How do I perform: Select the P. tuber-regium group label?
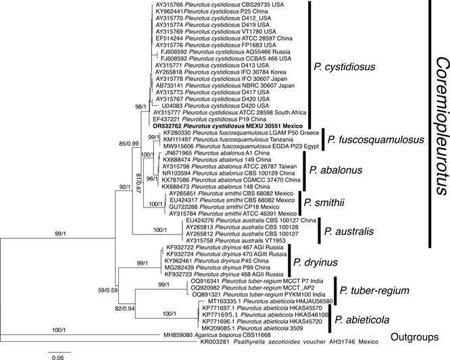pos(373,291)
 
